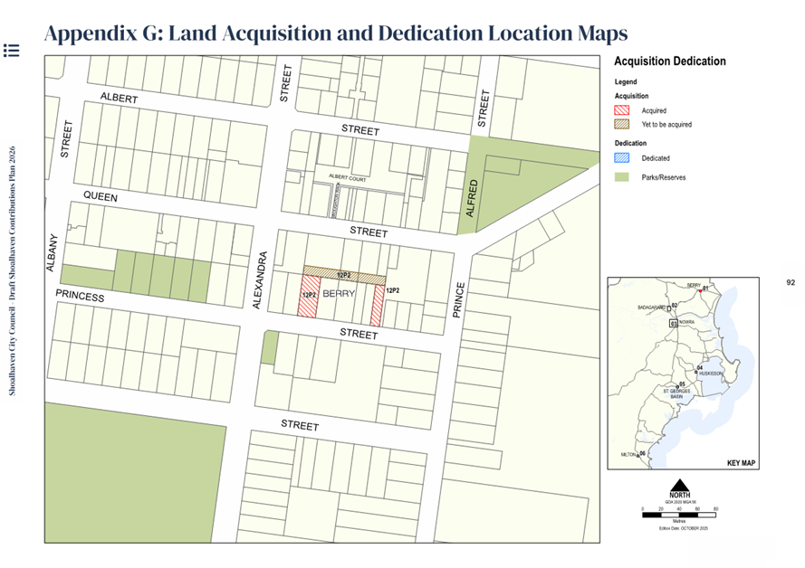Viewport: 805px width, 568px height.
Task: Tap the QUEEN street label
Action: pyautogui.click(x=101, y=195)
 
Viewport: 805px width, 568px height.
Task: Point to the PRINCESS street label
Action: pyautogui.click(x=80, y=296)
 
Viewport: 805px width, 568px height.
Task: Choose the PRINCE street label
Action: pyautogui.click(x=459, y=301)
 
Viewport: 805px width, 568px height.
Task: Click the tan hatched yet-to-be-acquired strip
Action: pyautogui.click(x=344, y=271)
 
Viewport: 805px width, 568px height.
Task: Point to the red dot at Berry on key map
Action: pyautogui.click(x=704, y=289)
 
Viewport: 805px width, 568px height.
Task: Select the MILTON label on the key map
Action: pyautogui.click(x=628, y=454)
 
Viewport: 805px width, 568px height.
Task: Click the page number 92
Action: pyautogui.click(x=791, y=283)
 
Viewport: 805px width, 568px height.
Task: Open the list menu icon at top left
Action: pyautogui.click(x=11, y=50)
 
